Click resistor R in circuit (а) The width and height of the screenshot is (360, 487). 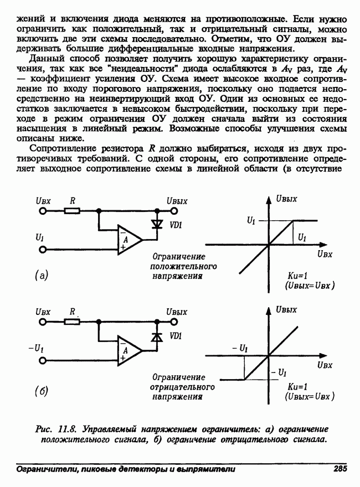[73, 211]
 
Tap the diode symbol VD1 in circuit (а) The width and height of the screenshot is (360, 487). [158, 225]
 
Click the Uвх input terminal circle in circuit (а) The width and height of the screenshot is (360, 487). [42, 211]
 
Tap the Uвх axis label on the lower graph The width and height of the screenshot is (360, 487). [325, 365]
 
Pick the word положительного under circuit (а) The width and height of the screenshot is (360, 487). [183, 266]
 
